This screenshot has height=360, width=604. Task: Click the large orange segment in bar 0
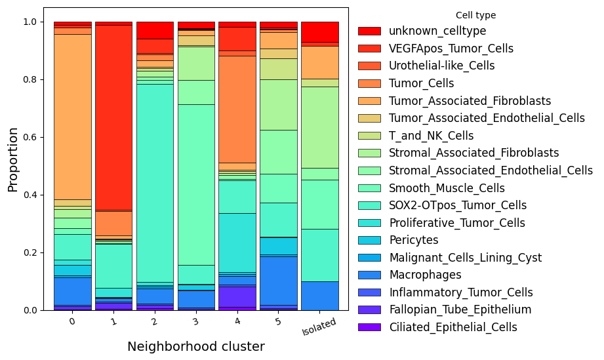click(73, 117)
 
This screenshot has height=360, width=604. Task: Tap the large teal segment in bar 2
click(155, 183)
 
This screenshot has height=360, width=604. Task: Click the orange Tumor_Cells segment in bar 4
click(237, 110)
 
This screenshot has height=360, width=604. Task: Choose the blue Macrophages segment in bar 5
click(279, 281)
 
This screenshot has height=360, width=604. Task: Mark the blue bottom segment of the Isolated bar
click(320, 296)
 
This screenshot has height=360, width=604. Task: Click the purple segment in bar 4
click(237, 296)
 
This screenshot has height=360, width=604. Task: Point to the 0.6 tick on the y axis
click(42, 138)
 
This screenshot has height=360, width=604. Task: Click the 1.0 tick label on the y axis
click(29, 22)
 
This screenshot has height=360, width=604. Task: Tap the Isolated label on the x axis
click(319, 327)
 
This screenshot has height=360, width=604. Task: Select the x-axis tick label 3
click(196, 321)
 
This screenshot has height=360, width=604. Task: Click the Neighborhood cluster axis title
click(196, 346)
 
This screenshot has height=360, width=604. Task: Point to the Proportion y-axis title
click(12, 160)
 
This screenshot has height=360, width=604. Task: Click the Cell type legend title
click(475, 15)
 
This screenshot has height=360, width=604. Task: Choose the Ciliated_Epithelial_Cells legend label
click(453, 327)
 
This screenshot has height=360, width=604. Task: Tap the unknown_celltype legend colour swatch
click(369, 31)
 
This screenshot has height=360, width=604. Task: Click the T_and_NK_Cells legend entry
click(416, 136)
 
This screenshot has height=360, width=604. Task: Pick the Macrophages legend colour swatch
click(369, 275)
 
